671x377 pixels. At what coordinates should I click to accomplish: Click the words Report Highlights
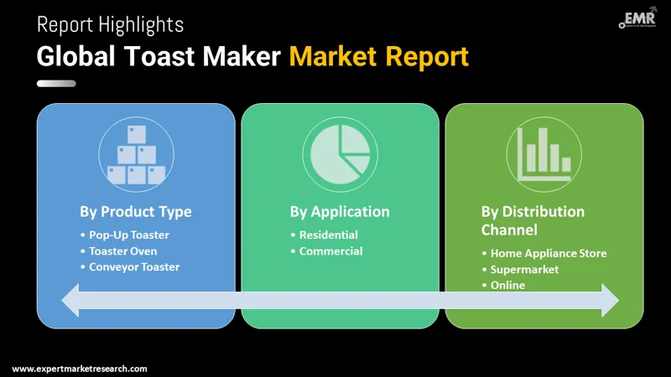110,25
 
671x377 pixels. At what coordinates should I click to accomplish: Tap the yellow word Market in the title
333,56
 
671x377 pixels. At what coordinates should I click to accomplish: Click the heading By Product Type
136,211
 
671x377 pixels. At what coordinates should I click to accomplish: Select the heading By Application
340,211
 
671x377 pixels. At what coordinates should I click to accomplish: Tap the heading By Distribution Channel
533,219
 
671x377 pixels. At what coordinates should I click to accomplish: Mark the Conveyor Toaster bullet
134,266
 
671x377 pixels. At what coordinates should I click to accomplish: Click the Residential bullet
328,235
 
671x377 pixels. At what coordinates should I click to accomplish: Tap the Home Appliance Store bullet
548,253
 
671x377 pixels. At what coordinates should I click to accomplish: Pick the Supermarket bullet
524,269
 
